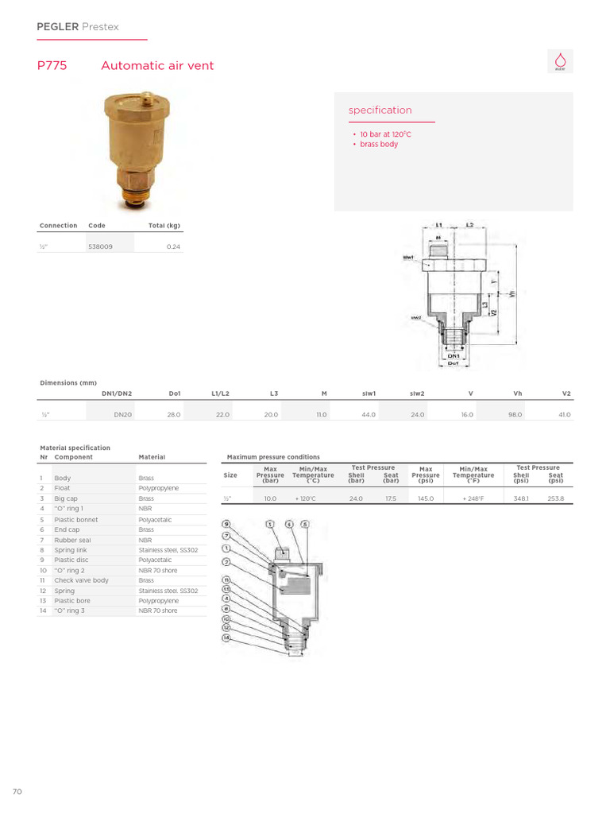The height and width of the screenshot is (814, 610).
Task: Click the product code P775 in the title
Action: (52, 66)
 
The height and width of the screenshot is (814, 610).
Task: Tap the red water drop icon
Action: (560, 61)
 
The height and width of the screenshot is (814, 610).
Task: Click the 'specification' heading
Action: (380, 110)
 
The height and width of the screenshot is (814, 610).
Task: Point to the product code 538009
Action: (100, 247)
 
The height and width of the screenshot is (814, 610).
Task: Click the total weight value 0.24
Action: (173, 247)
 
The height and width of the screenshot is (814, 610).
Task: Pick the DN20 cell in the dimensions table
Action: (122, 415)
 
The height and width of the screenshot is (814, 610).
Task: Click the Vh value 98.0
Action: (515, 415)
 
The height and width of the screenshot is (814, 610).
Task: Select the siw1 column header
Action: (369, 393)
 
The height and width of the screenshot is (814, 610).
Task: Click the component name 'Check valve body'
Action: (81, 580)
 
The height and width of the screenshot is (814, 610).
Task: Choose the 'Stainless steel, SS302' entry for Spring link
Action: (168, 550)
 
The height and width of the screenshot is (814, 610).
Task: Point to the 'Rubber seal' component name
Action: (73, 540)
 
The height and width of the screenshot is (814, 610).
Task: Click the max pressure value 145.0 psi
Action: (426, 498)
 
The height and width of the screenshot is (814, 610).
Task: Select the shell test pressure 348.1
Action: (521, 498)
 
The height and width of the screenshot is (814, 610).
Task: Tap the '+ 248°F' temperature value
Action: (473, 498)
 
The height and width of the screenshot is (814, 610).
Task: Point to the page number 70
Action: (17, 792)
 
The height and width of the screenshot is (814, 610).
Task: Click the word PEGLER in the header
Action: (58, 27)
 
